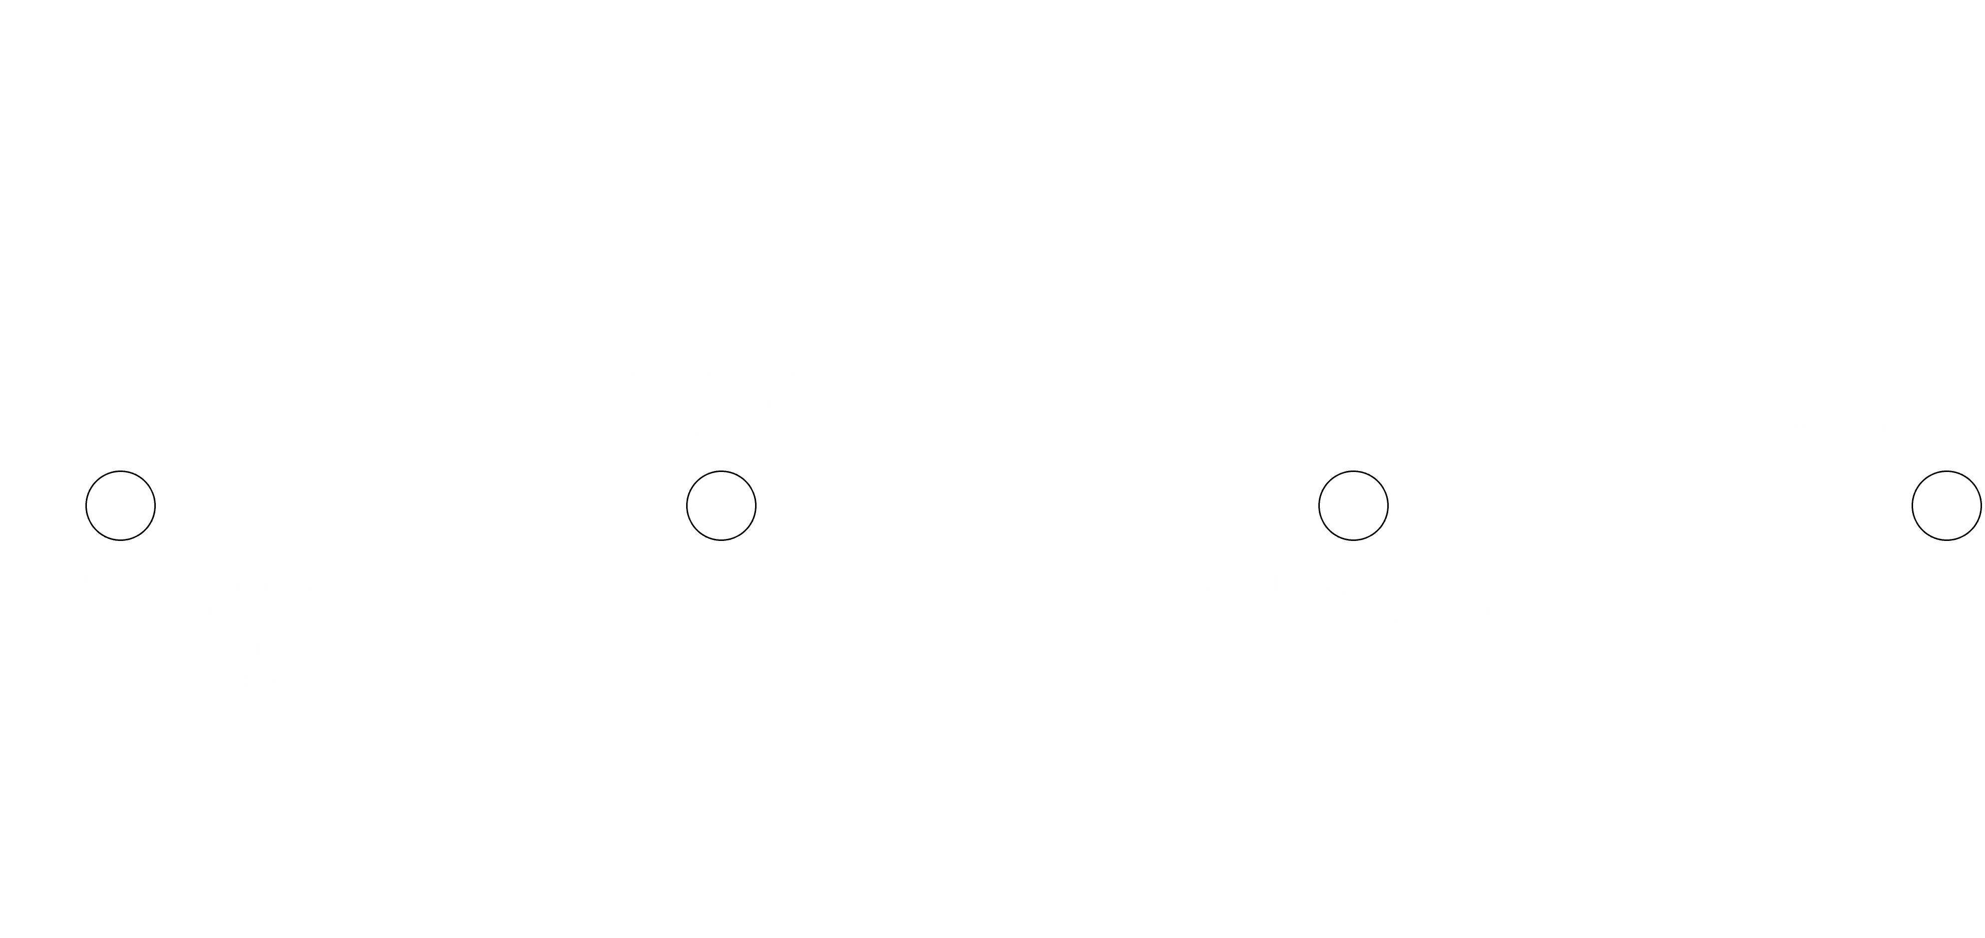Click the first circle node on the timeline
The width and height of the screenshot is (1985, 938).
pyautogui.click(x=120, y=505)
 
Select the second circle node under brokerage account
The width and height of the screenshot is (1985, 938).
pyautogui.click(x=721, y=505)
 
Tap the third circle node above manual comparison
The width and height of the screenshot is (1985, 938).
pyautogui.click(x=1353, y=505)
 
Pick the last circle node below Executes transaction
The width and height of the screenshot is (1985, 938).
pyautogui.click(x=1947, y=505)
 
